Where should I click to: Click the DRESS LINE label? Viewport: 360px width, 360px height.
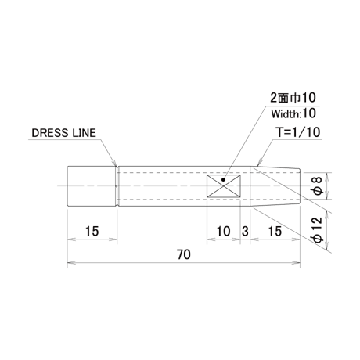point(63,133)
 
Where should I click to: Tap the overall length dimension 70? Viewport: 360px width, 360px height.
point(184,254)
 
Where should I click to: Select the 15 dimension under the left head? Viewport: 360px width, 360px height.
point(92,232)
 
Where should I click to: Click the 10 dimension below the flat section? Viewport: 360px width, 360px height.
point(224,232)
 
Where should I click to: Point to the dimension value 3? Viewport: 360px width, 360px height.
point(245,232)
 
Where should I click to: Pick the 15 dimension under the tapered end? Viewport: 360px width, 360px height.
point(275,232)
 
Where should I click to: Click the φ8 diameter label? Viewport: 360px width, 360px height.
point(318,185)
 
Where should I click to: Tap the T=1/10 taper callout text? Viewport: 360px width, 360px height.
point(298,132)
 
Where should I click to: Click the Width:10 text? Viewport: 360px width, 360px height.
point(293,113)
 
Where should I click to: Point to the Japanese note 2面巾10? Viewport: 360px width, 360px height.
point(293,98)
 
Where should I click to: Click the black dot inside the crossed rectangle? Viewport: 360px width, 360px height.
point(223,180)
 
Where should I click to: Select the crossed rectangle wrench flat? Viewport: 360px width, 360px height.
point(224,186)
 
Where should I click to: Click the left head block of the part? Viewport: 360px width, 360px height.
point(92,186)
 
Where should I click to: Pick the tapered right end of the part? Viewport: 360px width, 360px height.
point(275,186)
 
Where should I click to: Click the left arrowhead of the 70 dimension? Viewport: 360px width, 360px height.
point(71,262)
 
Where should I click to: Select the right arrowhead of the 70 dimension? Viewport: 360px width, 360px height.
point(297,262)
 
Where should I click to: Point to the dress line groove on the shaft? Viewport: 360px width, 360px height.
point(117,186)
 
